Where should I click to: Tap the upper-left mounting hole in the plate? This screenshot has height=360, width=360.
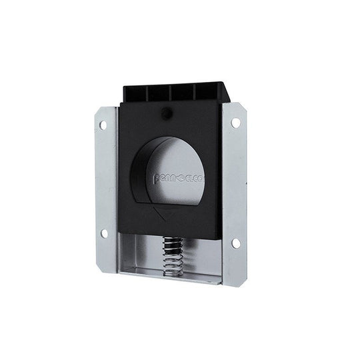[x=103, y=125]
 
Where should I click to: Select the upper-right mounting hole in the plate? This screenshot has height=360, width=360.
[x=236, y=123]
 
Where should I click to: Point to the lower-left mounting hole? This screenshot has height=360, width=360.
[x=104, y=233]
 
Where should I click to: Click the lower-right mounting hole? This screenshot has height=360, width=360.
[x=236, y=243]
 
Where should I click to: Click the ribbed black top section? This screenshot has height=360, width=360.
[x=177, y=92]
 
